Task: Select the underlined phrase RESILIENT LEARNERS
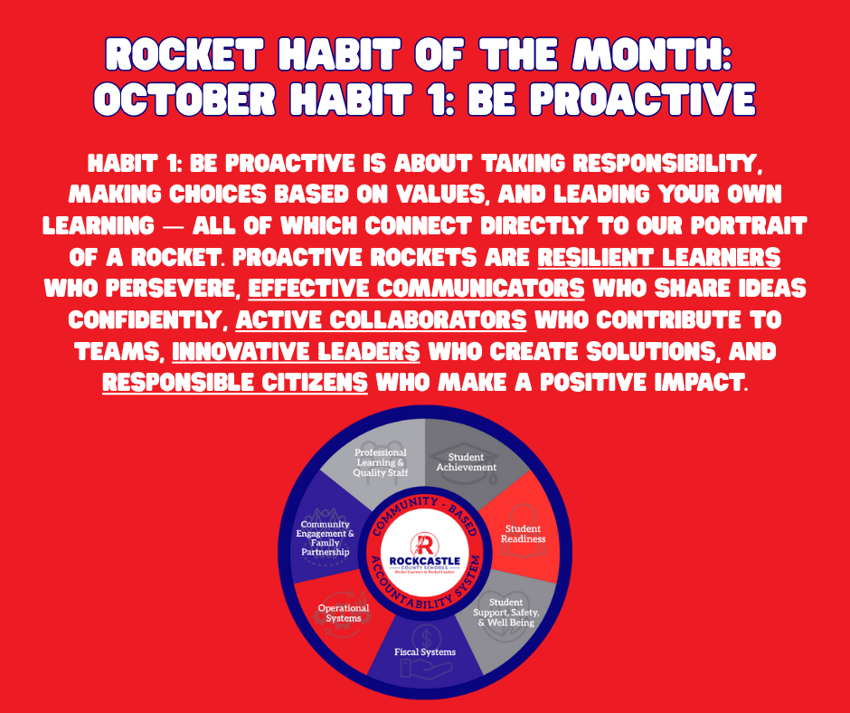click(658, 257)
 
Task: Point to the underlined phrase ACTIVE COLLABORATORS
click(381, 318)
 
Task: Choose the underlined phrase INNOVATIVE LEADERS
click(296, 349)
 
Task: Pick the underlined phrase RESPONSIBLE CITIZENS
click(235, 381)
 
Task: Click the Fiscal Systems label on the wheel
click(425, 651)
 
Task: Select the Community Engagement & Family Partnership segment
click(326, 538)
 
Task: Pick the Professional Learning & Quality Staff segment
click(381, 462)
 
